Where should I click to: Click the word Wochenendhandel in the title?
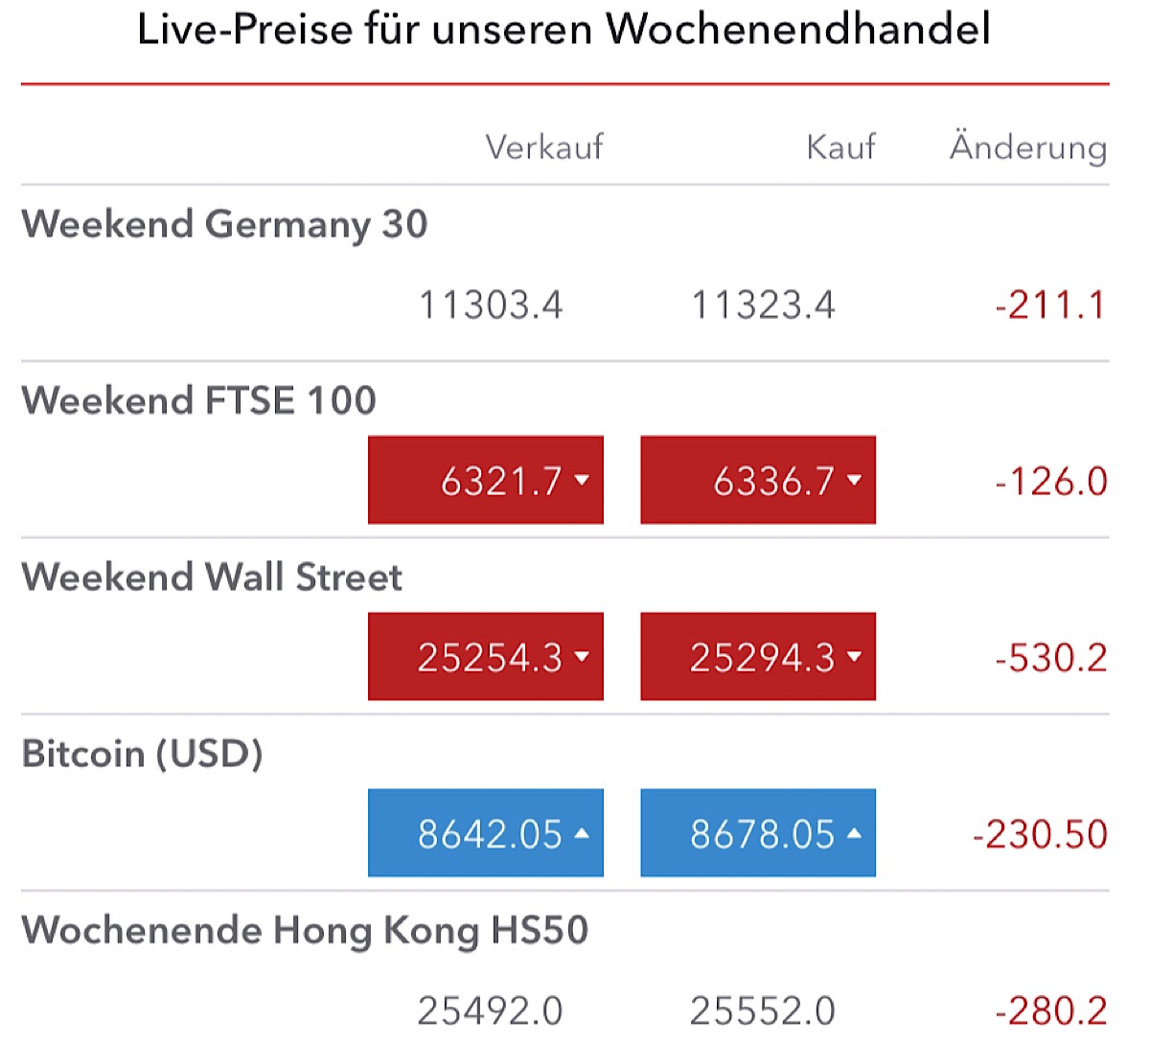click(x=797, y=29)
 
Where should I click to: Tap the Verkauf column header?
click(x=543, y=147)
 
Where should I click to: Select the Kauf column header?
click(x=840, y=147)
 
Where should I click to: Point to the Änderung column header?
click(x=1027, y=147)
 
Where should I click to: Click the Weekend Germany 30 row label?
click(x=224, y=224)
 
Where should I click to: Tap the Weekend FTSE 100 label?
click(x=198, y=400)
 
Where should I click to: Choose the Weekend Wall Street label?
click(x=212, y=577)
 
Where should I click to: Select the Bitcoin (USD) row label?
click(x=142, y=754)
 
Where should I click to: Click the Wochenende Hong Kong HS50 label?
click(x=305, y=930)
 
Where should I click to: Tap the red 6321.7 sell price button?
click(x=486, y=481)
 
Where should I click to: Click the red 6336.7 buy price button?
click(x=758, y=481)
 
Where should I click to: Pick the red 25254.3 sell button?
click(x=486, y=657)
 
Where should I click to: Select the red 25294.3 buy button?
click(x=758, y=657)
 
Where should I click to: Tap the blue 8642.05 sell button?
click(x=486, y=833)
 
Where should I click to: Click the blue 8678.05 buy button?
click(x=758, y=833)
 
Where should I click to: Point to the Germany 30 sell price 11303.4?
click(x=491, y=306)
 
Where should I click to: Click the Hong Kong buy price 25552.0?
click(x=762, y=1010)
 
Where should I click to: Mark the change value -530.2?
click(x=1050, y=658)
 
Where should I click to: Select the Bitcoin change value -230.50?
click(x=1040, y=834)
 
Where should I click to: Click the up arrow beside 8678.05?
click(x=854, y=833)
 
